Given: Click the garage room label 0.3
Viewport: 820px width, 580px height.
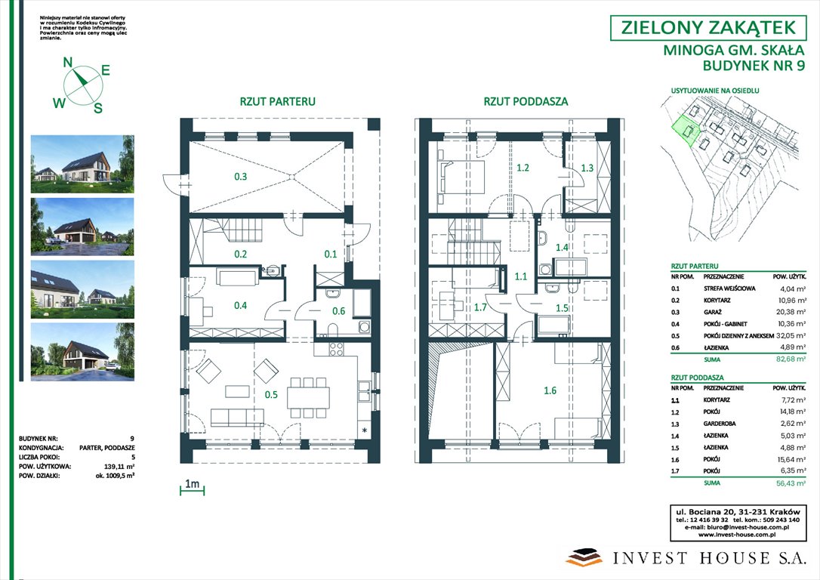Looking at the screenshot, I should pos(240,177).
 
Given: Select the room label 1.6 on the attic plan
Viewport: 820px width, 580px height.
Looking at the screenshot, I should pos(549,390).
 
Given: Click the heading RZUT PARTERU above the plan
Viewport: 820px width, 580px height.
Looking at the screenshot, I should pos(277,101).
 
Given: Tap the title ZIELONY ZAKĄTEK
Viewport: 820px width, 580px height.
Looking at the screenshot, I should pos(707,28).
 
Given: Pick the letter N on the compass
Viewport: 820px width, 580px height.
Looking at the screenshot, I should pos(67,63).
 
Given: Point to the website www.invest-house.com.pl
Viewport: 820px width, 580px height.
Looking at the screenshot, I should pos(744,535).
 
